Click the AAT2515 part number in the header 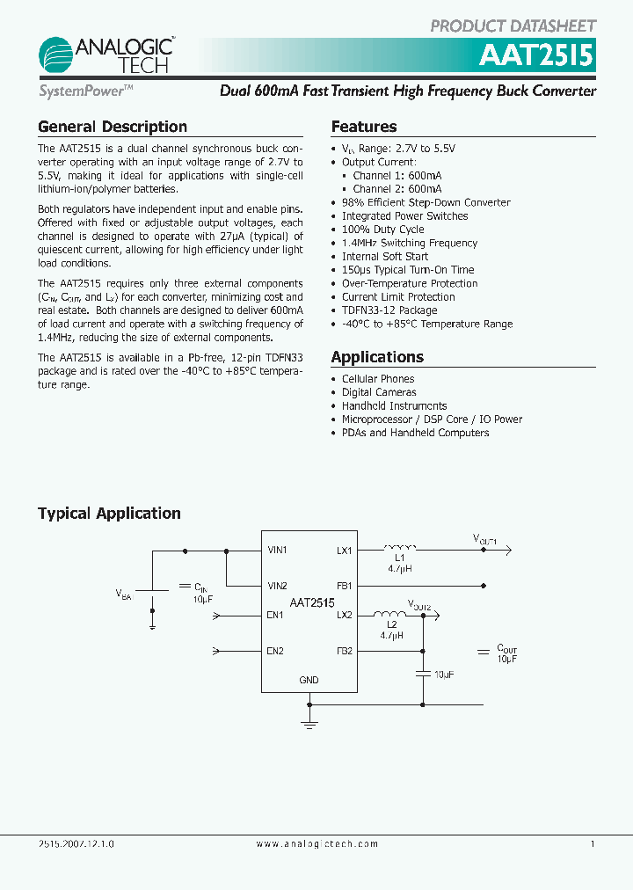tap(535, 57)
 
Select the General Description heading tap(112, 127)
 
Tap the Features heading tap(363, 127)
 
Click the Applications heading tap(377, 357)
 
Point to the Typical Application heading tap(109, 514)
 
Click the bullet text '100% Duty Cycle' tap(382, 230)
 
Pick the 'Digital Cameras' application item tap(379, 392)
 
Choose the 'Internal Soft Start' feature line tap(385, 257)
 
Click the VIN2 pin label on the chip tap(278, 586)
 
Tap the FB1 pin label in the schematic tap(344, 586)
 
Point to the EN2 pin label tap(275, 651)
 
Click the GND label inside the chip tap(309, 680)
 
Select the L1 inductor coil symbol tap(399, 549)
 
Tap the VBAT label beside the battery tap(123, 595)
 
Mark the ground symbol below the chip tap(309, 722)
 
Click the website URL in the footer tap(316, 844)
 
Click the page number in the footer tap(593, 844)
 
